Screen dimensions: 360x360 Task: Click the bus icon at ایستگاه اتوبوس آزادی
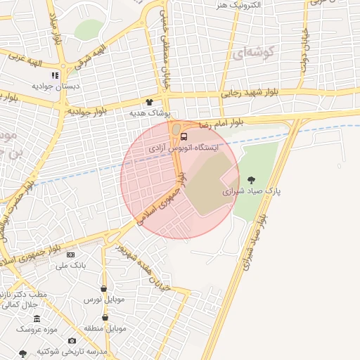click(x=184, y=136)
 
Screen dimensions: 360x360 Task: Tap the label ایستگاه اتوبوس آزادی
click(x=184, y=149)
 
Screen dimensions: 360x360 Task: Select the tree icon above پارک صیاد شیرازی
click(x=252, y=179)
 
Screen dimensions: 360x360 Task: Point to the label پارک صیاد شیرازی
click(x=252, y=191)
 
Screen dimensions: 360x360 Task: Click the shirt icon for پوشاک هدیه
click(x=149, y=101)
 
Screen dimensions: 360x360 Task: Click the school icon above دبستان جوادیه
click(x=55, y=75)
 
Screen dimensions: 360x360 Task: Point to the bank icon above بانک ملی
click(x=70, y=254)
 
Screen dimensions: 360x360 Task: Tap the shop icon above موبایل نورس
click(x=104, y=288)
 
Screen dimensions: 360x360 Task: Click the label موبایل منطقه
click(x=105, y=328)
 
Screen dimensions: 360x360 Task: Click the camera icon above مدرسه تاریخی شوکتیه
click(x=72, y=340)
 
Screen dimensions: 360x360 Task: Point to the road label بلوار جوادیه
click(x=87, y=111)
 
